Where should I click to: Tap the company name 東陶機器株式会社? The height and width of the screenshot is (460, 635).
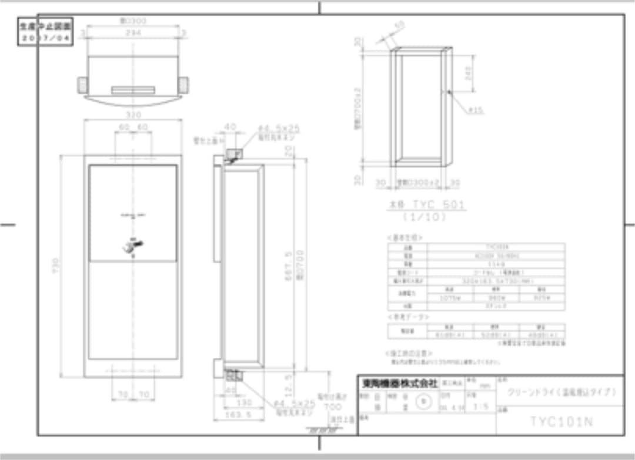pos(399,383)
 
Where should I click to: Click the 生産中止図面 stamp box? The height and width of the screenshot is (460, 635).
pos(45,32)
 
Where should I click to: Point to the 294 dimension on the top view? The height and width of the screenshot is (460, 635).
pos(133,33)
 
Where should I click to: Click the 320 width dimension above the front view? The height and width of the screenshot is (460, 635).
pos(133,115)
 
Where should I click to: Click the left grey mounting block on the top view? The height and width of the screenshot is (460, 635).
pos(82,85)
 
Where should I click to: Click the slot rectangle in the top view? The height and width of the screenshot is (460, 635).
pos(133,90)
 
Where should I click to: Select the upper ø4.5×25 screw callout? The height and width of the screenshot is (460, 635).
pos(279,128)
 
